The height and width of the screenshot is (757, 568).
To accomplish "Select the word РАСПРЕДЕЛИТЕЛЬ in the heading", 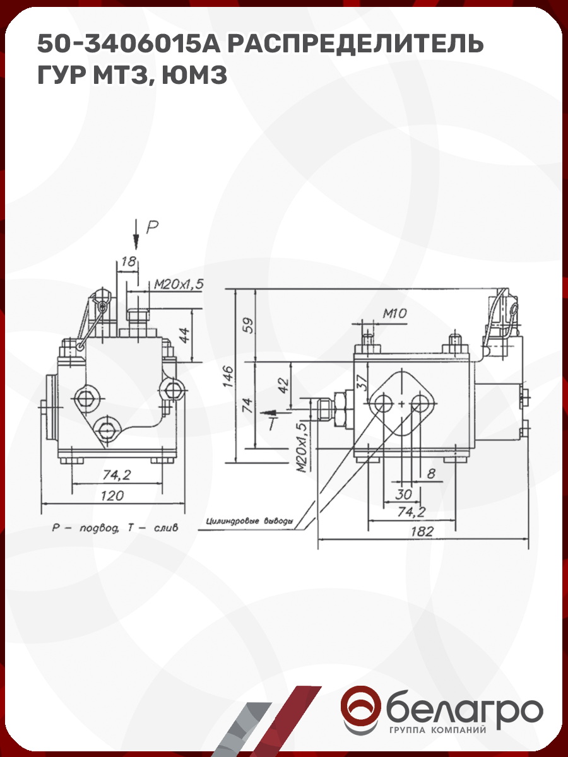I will [x=355, y=44].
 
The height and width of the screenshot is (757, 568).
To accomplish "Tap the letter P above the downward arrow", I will [x=151, y=227].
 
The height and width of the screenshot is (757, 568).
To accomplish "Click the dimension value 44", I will [x=184, y=334].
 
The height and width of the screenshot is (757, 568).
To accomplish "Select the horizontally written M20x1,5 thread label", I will [x=179, y=285].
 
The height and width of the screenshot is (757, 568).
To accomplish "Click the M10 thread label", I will [x=394, y=313].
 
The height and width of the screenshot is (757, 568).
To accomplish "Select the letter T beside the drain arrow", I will [x=271, y=423].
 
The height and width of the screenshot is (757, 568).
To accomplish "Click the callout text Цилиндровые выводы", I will [x=249, y=522].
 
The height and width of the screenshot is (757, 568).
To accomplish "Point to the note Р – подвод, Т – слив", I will [x=115, y=527].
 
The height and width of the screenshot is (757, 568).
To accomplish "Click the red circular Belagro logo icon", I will [x=361, y=710].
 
